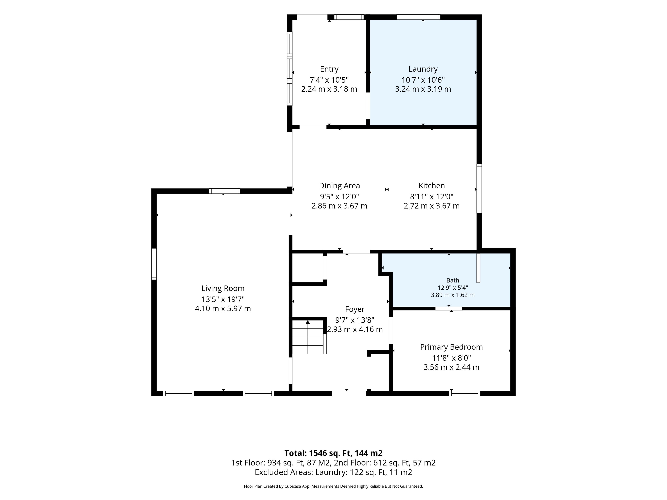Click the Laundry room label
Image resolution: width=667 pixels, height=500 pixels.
coord(423,69)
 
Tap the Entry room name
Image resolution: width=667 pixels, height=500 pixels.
coord(329,69)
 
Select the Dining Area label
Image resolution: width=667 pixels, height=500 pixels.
coord(339,186)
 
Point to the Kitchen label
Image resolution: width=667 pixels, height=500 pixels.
coord(431,186)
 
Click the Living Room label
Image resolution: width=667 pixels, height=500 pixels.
coord(223,288)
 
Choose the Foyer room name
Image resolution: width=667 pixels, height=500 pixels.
coord(355,309)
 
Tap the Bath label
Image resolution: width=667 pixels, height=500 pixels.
coord(453,280)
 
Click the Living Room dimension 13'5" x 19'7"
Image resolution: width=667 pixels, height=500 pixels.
coord(223,299)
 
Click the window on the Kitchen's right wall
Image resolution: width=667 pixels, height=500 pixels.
coord(479,189)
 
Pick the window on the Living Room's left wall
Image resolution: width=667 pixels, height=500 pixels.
coord(154,264)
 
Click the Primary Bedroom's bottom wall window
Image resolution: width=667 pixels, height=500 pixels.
coord(465,393)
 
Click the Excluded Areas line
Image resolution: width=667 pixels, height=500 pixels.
coord(333,472)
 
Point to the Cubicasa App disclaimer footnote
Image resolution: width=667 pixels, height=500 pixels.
coord(333,486)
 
